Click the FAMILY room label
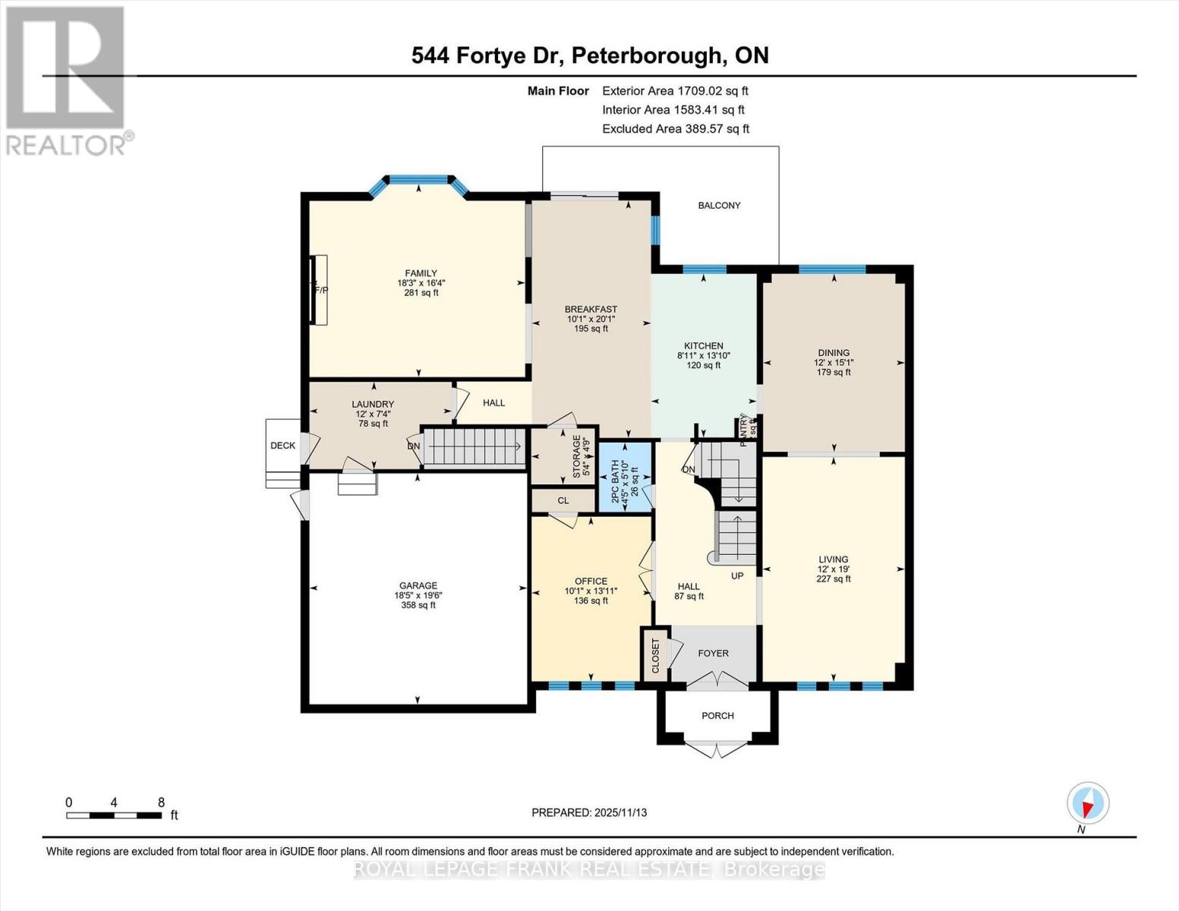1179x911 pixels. point(421,273)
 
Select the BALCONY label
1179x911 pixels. point(719,205)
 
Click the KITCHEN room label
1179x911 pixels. point(704,345)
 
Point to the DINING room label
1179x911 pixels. point(834,352)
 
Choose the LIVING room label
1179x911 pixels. point(833,560)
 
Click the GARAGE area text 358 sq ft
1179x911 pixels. point(418,605)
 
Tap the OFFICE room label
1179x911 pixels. point(591,581)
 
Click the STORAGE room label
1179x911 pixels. point(576,455)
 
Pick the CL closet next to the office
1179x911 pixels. point(563,500)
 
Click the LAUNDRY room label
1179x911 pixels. point(373,404)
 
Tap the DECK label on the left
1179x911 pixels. point(282,446)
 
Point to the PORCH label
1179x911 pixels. point(717,715)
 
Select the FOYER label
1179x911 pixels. point(713,653)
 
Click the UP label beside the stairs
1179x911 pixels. point(737,575)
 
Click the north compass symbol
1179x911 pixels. point(1088,803)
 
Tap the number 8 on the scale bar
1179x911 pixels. point(161,802)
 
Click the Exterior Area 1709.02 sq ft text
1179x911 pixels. point(675,90)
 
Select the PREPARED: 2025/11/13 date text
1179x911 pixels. point(589,812)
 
